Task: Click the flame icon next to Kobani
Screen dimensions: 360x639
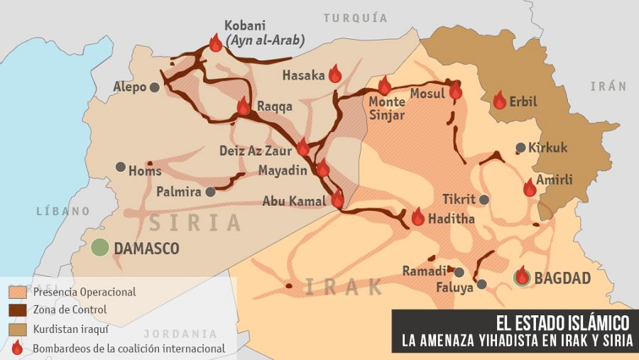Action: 216,43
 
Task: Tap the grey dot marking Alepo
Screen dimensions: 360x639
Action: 154,87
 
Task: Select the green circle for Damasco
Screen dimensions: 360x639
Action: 100,248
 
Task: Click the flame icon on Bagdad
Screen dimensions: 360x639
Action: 523,276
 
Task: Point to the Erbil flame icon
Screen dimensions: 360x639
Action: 500,100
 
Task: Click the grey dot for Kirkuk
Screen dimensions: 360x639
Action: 521,148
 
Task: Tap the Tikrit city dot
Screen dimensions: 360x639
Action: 484,200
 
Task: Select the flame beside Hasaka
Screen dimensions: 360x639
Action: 336,74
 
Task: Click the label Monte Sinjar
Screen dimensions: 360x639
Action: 387,109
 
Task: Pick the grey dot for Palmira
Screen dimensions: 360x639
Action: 210,192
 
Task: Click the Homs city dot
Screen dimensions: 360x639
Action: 121,167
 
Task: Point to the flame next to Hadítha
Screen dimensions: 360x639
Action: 418,217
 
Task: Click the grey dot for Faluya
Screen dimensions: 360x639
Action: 482,284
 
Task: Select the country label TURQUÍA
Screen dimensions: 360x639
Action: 356,18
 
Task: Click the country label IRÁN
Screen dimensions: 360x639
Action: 608,86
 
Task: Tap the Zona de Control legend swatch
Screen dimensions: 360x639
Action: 18,310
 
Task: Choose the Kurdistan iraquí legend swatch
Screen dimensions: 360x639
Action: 18,329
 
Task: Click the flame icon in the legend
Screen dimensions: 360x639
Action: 18,347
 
